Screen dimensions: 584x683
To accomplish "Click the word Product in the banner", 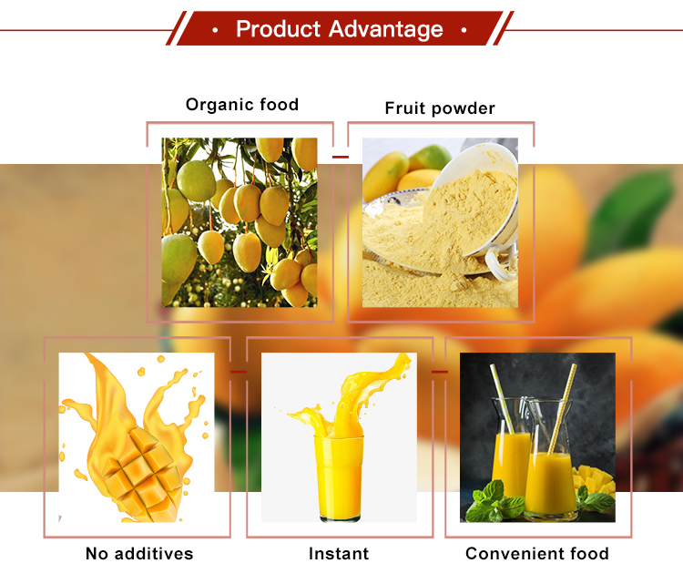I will [x=279, y=29].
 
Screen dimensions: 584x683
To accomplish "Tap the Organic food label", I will [x=242, y=105].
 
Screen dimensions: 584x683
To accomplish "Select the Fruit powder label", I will [x=440, y=108].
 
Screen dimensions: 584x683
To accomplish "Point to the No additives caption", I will [x=139, y=553].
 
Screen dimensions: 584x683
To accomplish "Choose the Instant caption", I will [x=339, y=553].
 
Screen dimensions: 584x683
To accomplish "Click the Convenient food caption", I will [x=537, y=553].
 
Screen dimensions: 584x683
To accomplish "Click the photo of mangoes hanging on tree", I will [x=240, y=222].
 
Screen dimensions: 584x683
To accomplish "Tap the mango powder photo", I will [x=440, y=222].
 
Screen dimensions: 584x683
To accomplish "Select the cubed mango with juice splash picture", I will [x=137, y=437].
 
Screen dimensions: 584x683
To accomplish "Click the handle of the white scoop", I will [x=500, y=264].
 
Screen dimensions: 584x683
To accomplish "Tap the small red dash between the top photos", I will [x=340, y=157].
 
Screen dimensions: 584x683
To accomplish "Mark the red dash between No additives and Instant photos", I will [x=239, y=372].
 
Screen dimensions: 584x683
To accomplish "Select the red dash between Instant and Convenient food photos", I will [x=439, y=372].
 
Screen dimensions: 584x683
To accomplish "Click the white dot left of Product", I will [x=215, y=30].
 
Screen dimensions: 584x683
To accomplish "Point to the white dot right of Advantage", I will [x=464, y=30].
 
